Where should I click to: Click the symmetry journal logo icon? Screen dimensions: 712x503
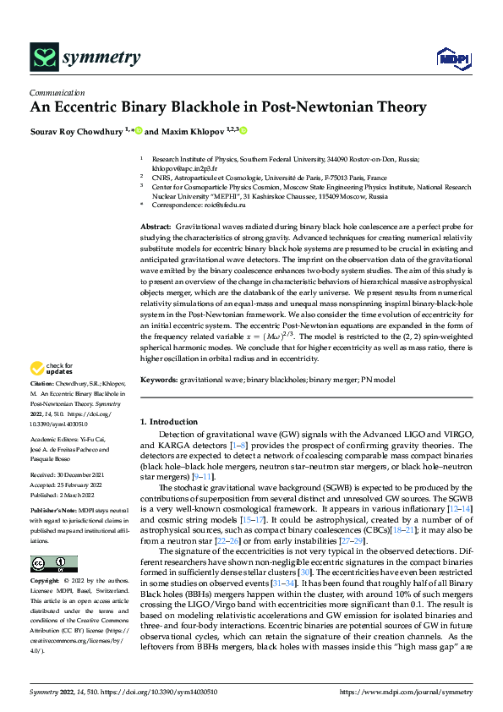coord(44,57)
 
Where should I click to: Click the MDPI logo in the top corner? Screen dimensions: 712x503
coord(452,57)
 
